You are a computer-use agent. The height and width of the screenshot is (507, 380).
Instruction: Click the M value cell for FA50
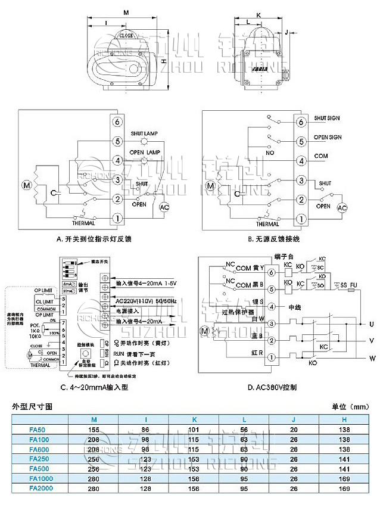(94, 429)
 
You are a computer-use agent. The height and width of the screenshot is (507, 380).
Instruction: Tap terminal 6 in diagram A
(117, 122)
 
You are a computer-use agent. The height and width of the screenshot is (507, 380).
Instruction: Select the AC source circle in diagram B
(342, 208)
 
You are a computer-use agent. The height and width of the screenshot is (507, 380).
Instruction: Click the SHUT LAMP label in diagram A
(144, 133)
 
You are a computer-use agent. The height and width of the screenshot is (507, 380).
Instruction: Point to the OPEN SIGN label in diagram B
(328, 138)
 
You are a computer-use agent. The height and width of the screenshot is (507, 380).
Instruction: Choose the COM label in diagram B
(322, 156)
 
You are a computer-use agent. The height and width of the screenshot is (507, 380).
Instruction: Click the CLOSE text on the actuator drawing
(126, 36)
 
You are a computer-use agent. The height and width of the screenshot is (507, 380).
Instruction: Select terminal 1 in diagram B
(301, 219)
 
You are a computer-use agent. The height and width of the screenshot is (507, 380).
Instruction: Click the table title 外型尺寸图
(33, 406)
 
